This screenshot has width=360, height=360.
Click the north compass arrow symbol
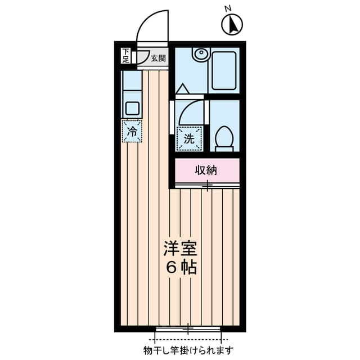pyautogui.click(x=232, y=25)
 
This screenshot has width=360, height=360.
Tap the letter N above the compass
pyautogui.click(x=228, y=8)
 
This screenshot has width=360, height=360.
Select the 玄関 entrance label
pyautogui.click(x=157, y=57)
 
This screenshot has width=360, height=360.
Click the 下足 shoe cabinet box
pyautogui.click(x=125, y=56)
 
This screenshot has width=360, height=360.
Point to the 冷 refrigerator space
pyautogui.click(x=132, y=132)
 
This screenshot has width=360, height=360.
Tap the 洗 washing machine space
pyautogui.click(x=189, y=139)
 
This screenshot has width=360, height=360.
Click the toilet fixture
pyautogui.click(x=224, y=138)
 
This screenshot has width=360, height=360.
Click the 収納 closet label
pyautogui.click(x=206, y=169)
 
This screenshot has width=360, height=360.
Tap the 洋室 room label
pyautogui.click(x=180, y=248)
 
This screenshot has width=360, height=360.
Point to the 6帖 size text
pyautogui.click(x=180, y=268)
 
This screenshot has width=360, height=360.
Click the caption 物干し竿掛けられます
pyautogui.click(x=188, y=350)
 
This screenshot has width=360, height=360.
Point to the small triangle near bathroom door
pyautogui.click(x=181, y=88)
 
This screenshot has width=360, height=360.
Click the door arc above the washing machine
pyautogui.click(x=188, y=112)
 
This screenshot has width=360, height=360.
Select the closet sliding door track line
pyautogui.click(x=207, y=185)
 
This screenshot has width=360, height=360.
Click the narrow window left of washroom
pyautogui.click(x=171, y=118)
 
